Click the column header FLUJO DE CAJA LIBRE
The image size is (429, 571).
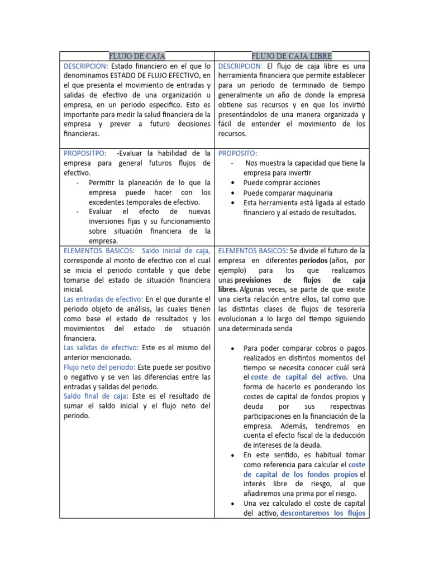(x=292, y=56)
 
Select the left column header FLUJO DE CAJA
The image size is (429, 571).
(x=137, y=56)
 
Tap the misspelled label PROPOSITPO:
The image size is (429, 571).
(x=85, y=153)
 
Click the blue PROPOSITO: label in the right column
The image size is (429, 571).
(x=237, y=153)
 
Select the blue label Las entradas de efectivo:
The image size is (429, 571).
(x=103, y=299)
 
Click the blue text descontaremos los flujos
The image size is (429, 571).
(x=323, y=514)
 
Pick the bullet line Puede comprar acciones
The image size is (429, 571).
(x=282, y=182)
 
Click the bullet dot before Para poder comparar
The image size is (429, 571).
(x=232, y=349)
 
